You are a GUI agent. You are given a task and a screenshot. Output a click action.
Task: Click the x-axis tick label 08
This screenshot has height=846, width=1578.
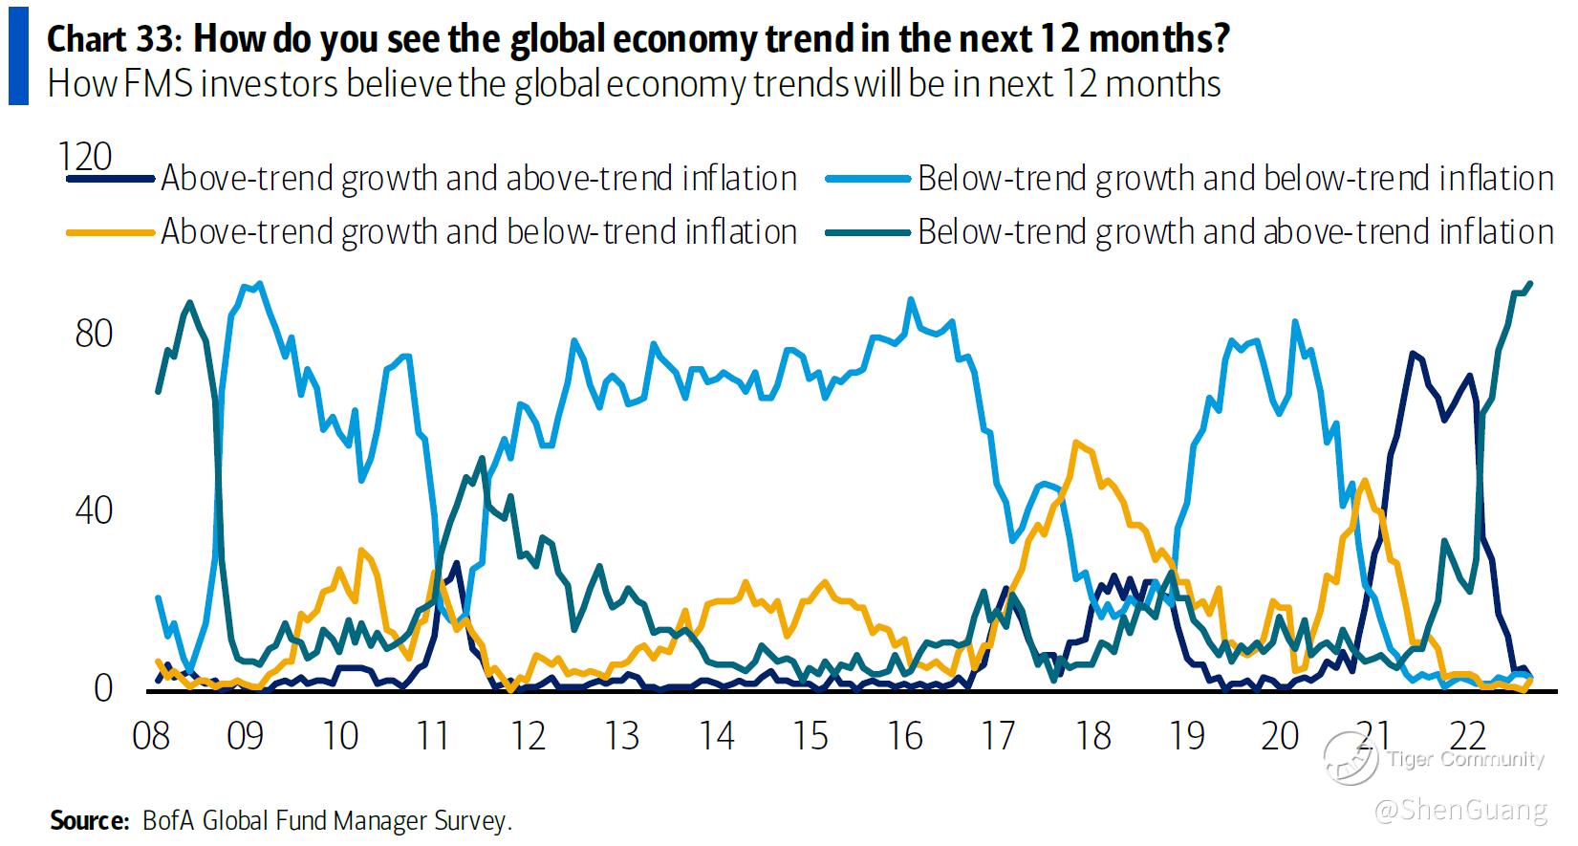[151, 736]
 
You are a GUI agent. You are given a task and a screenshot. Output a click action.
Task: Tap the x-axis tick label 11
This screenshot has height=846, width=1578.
[434, 736]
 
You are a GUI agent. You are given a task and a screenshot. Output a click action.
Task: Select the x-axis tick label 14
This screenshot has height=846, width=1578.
[716, 736]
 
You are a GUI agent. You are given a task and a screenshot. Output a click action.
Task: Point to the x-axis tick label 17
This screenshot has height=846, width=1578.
[999, 736]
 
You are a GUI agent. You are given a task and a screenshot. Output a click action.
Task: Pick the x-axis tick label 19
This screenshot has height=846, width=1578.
[1187, 736]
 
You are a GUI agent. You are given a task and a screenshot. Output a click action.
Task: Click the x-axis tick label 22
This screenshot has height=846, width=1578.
[1469, 736]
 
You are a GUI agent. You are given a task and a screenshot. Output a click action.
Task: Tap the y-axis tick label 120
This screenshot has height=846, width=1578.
[85, 157]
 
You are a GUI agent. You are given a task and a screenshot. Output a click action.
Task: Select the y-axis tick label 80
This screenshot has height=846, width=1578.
[94, 334]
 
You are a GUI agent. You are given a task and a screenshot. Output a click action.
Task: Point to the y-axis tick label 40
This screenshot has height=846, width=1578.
[94, 510]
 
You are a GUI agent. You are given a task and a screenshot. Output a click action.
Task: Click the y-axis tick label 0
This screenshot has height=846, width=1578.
[103, 687]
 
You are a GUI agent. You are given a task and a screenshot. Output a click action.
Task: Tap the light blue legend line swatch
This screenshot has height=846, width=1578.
[866, 179]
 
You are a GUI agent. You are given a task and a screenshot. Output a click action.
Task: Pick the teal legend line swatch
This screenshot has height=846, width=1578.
[866, 232]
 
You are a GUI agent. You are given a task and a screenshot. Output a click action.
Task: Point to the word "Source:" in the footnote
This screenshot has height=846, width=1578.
[89, 820]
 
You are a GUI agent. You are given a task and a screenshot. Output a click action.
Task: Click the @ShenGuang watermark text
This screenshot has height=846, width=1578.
[1459, 811]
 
